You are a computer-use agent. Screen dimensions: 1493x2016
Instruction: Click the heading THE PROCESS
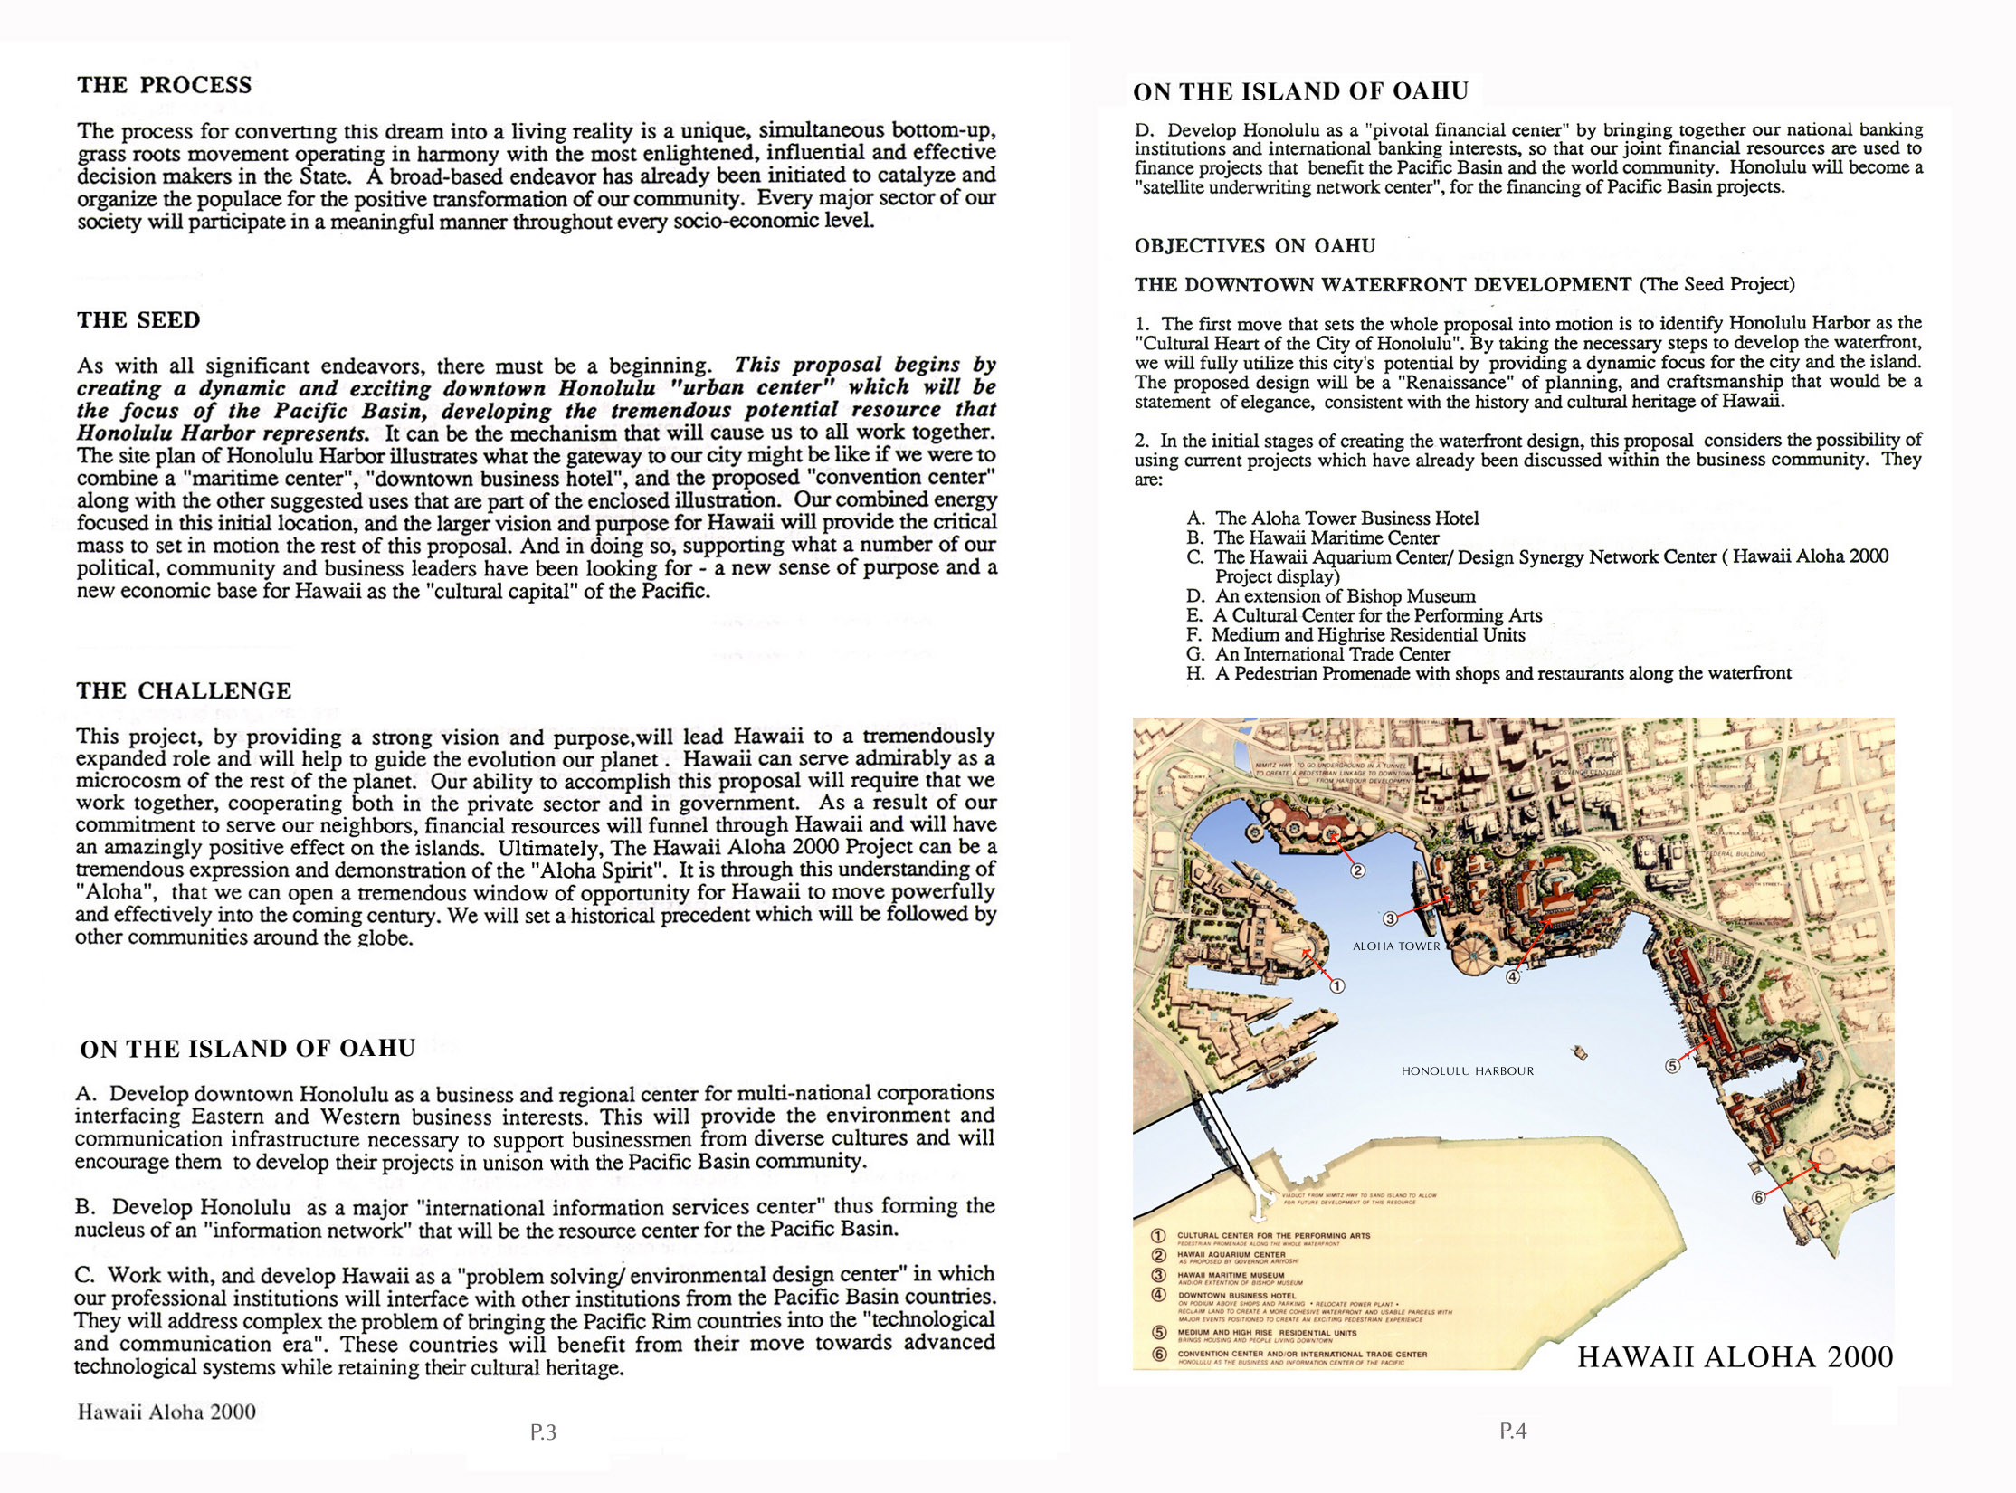tap(164, 85)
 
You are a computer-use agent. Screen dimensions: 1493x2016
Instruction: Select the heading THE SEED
tap(138, 320)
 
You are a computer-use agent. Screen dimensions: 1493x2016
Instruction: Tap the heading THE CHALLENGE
tap(184, 691)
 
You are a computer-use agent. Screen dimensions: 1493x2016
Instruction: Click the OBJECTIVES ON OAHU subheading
tap(1254, 246)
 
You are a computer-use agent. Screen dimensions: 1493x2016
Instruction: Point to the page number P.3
tap(543, 1432)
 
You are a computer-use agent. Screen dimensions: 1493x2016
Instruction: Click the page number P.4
tap(1513, 1431)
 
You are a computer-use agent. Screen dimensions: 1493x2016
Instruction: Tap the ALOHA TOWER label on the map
tap(1395, 946)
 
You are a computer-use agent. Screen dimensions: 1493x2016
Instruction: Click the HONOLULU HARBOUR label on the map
tap(1467, 1071)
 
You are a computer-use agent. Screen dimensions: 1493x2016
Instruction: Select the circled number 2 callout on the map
tap(1357, 871)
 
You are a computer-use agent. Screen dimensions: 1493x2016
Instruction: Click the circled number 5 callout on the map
tap(1672, 1066)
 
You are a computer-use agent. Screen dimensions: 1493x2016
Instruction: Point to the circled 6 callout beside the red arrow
tap(1758, 1198)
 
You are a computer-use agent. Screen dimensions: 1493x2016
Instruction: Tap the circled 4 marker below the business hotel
tap(1513, 976)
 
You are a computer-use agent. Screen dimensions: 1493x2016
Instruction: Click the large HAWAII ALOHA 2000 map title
tap(1735, 1357)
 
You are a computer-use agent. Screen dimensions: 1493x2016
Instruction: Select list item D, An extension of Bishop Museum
tap(1331, 596)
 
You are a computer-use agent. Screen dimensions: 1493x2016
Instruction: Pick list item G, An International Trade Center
tap(1318, 654)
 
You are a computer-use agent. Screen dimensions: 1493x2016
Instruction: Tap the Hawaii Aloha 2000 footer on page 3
tap(166, 1412)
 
